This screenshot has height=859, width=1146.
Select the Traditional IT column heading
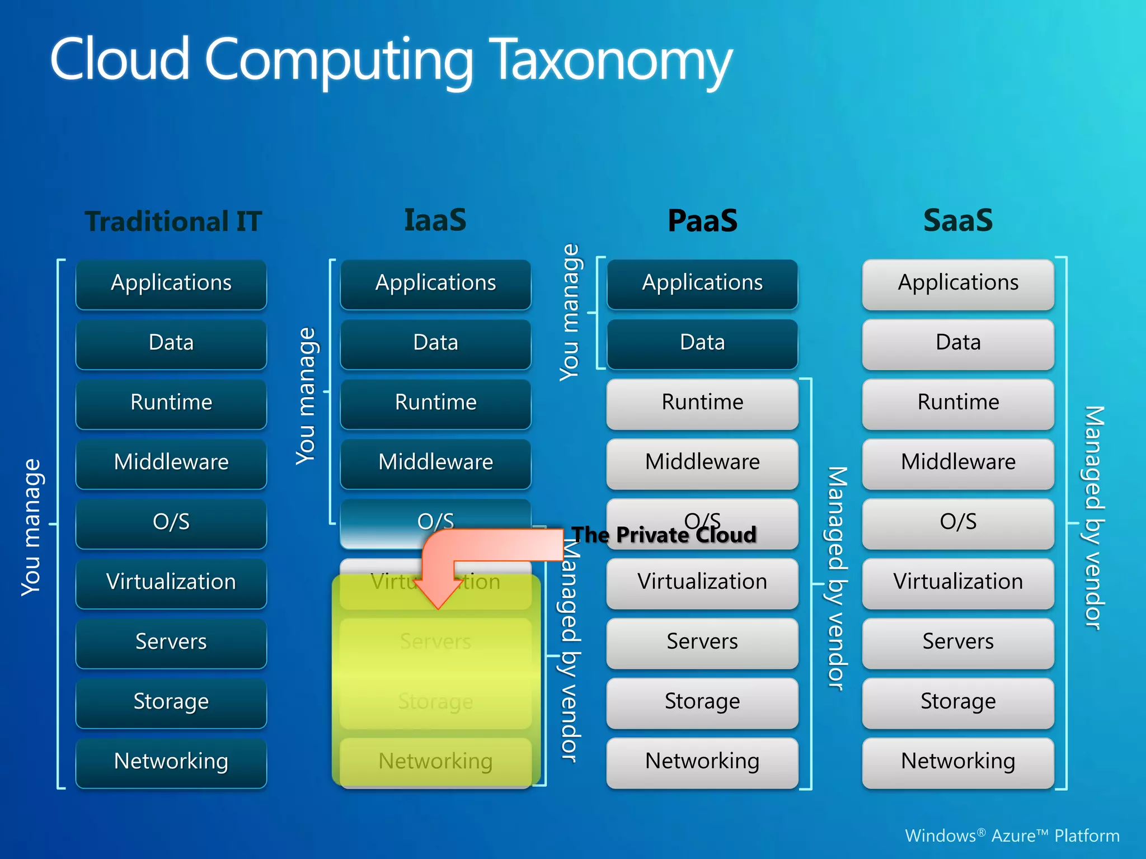coord(173,221)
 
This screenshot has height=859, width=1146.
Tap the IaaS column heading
coord(435,220)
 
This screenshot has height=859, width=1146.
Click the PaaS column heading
coord(702,221)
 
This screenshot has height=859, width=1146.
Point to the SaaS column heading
coord(957,221)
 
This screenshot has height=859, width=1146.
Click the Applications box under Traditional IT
coord(171,284)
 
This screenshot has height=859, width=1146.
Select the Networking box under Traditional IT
coord(171,762)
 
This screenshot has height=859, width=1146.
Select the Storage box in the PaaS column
coord(702,702)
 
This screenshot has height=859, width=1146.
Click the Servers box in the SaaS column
coord(958,642)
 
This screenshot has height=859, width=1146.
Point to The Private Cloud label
coord(664,535)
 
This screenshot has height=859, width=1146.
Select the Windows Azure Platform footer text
coord(1012,836)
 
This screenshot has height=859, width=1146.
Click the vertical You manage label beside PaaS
coord(570,313)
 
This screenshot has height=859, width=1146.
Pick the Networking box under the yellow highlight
coord(435,762)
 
